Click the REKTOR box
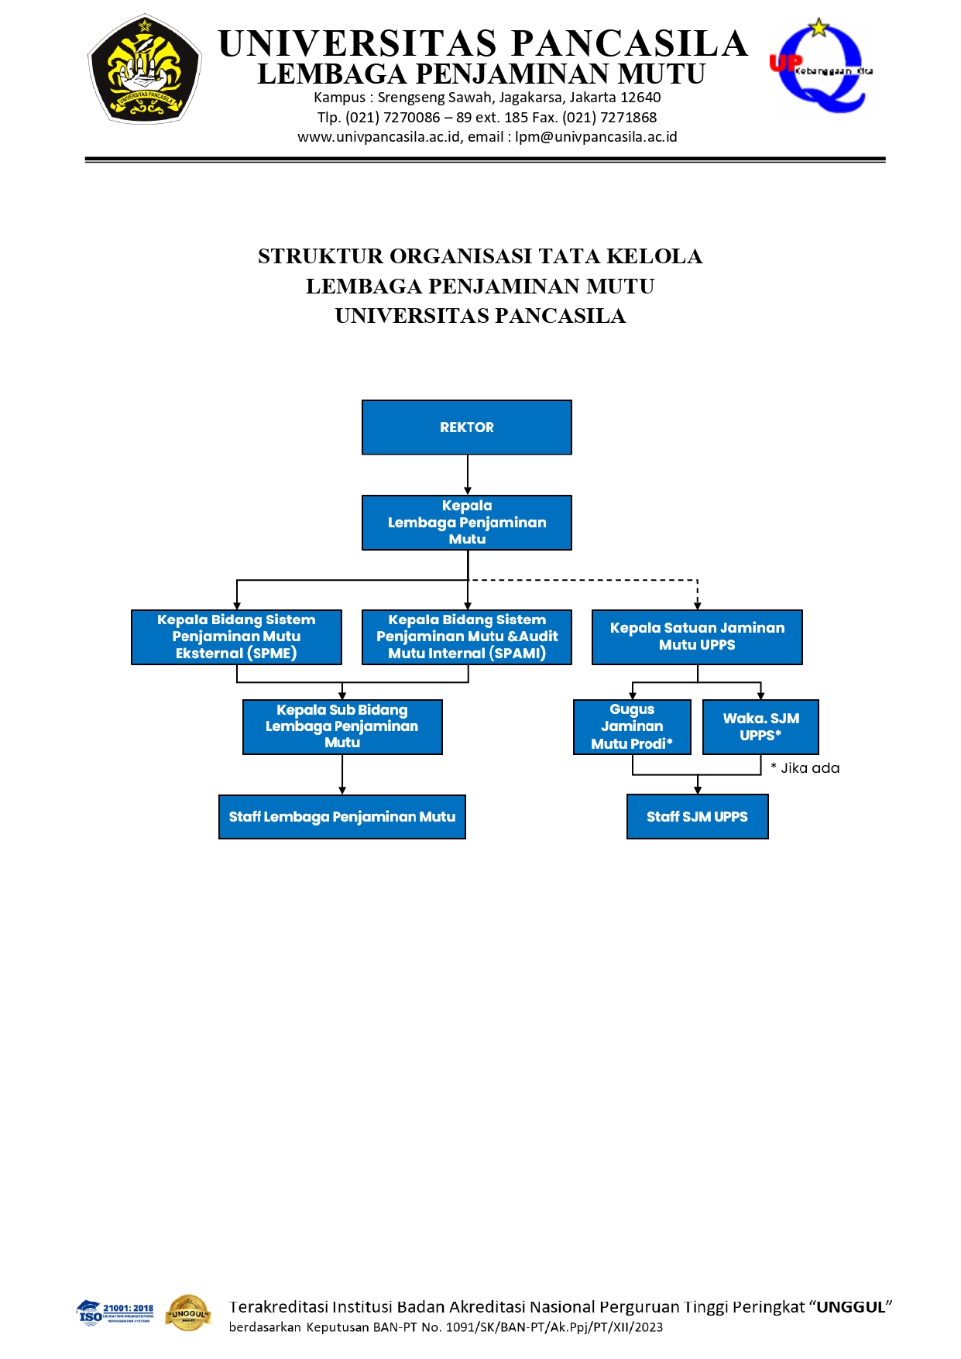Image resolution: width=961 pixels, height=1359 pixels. point(466,427)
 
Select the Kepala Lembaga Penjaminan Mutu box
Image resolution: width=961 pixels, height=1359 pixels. point(466,523)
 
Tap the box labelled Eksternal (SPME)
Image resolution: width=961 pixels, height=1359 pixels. point(236,637)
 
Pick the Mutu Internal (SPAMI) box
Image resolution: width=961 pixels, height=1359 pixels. point(466,637)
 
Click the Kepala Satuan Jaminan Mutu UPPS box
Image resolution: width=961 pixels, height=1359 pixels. point(697,637)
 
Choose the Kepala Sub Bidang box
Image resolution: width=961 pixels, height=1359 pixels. point(342,726)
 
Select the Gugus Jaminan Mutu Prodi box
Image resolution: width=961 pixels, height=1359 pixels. point(632,726)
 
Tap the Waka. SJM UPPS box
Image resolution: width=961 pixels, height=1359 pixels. point(760,726)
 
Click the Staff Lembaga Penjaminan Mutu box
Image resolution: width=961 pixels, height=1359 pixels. point(342,816)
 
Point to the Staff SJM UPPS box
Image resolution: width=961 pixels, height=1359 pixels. point(697,816)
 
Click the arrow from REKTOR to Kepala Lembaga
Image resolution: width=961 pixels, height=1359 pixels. point(468,474)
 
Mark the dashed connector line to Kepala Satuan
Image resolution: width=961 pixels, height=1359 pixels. point(589,580)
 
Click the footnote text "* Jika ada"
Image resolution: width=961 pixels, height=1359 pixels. point(805,768)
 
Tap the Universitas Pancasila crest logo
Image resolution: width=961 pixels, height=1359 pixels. point(145,69)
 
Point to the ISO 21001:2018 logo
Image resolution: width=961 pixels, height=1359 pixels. point(116,1313)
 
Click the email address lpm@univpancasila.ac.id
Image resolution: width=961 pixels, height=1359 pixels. point(595,137)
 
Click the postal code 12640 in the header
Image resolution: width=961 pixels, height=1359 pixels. point(640,98)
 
